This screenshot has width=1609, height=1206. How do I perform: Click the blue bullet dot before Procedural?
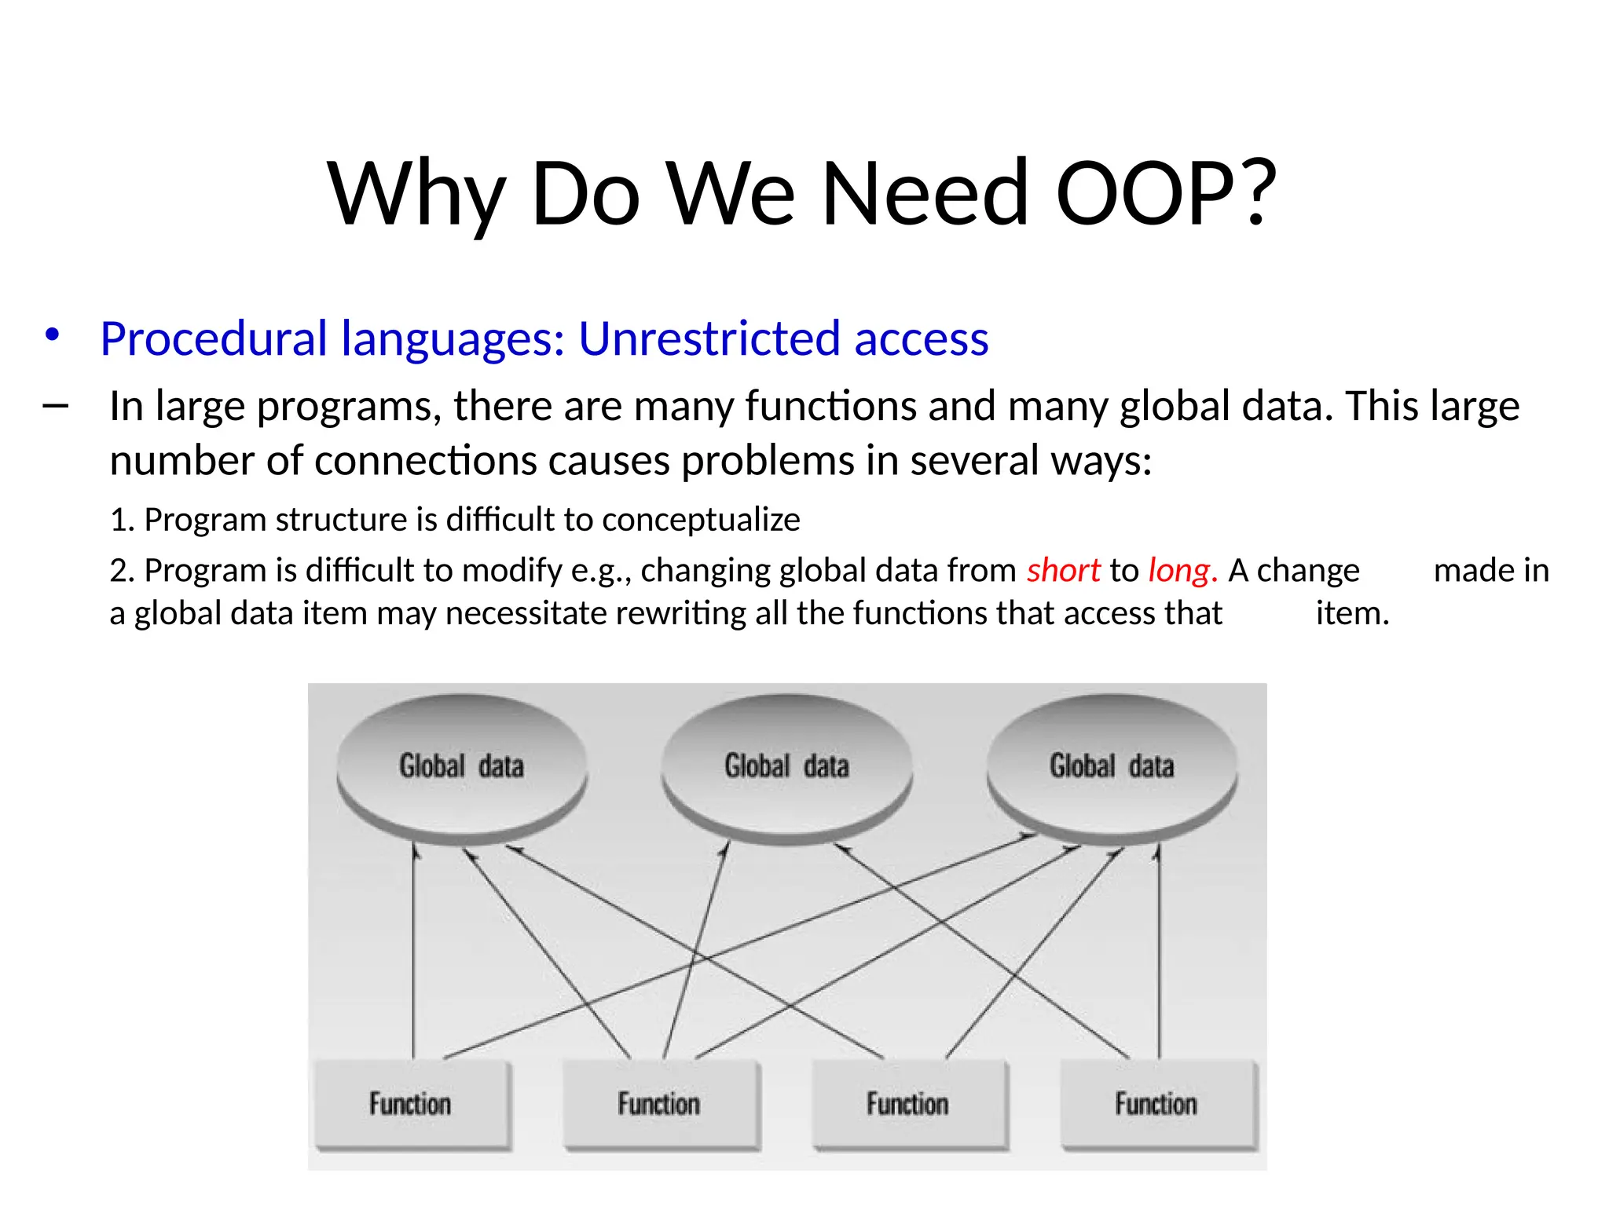point(52,335)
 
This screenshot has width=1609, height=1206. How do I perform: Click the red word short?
point(1063,570)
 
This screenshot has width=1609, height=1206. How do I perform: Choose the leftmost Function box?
point(411,1103)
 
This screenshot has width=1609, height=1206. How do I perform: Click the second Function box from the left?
point(659,1103)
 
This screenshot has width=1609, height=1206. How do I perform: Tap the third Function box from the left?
point(908,1103)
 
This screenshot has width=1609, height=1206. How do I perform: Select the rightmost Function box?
point(1156,1103)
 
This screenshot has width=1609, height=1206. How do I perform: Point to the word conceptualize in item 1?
point(701,520)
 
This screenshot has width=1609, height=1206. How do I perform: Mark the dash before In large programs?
point(55,406)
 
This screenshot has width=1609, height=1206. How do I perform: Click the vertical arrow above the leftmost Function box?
point(413,950)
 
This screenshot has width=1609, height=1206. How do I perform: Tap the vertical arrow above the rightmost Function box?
point(1159,950)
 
